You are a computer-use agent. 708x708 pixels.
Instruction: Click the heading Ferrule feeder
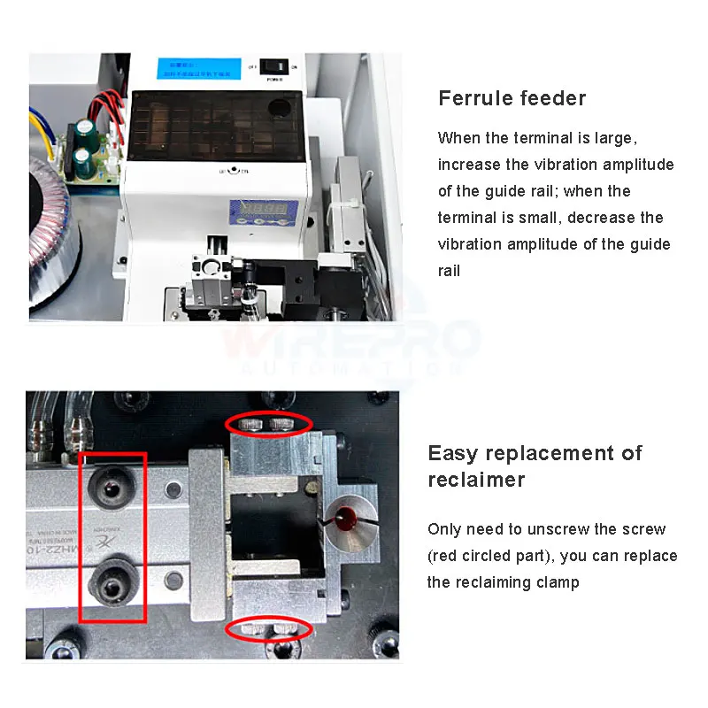tap(512, 98)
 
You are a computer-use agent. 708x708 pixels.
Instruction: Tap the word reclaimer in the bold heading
tap(476, 481)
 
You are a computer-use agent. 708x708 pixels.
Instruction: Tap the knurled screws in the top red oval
tap(268, 424)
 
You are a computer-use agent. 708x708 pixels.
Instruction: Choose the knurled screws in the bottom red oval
tap(268, 629)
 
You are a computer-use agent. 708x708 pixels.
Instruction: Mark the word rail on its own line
tap(450, 271)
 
